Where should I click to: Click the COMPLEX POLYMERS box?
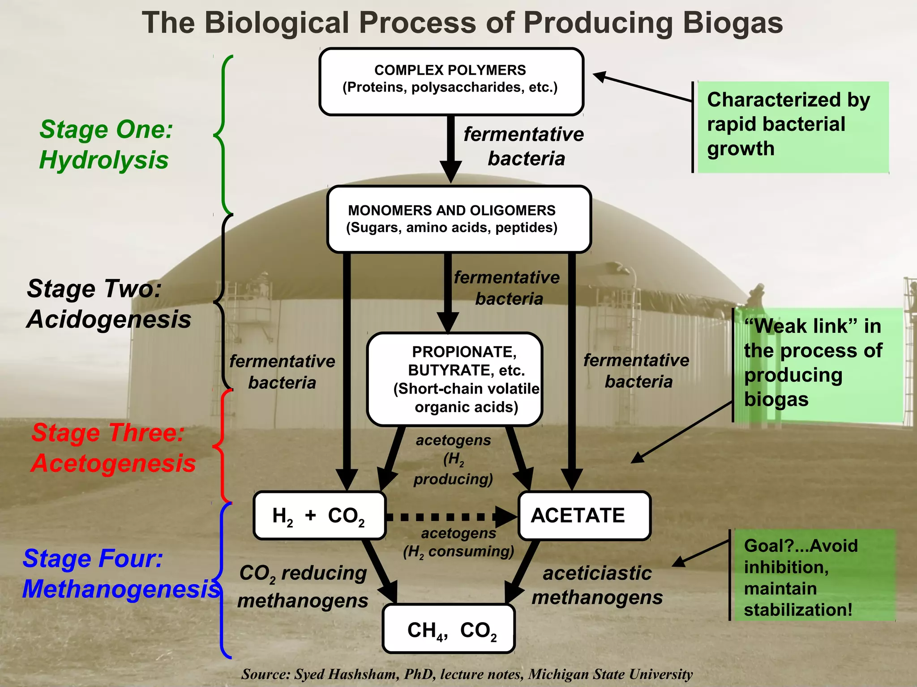451,82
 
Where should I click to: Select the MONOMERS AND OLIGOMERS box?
459,219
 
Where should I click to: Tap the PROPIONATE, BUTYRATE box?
454,379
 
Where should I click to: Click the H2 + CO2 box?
319,516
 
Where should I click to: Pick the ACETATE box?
584,516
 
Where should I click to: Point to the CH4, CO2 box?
449,629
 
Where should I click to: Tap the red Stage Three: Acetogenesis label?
113,448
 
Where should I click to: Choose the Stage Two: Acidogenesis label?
108,304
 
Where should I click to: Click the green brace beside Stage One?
223,134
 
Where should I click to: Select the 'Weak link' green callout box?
817,364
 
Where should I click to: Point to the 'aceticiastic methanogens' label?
597,585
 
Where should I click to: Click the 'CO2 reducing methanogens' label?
303,587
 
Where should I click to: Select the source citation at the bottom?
467,674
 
